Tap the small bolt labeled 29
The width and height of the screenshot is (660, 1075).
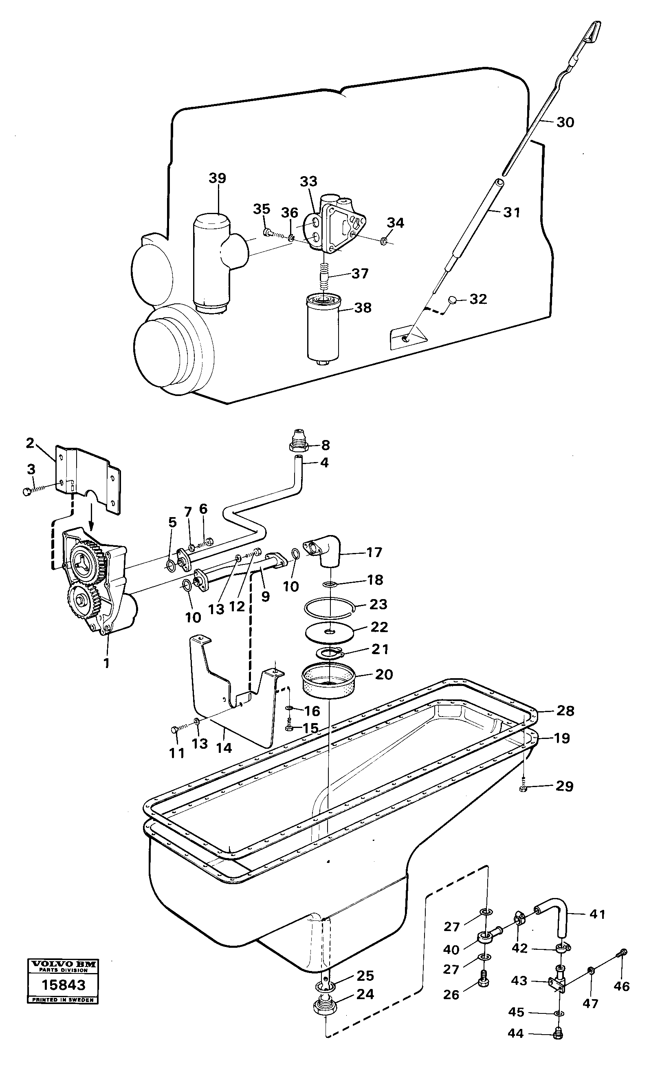(x=524, y=788)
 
